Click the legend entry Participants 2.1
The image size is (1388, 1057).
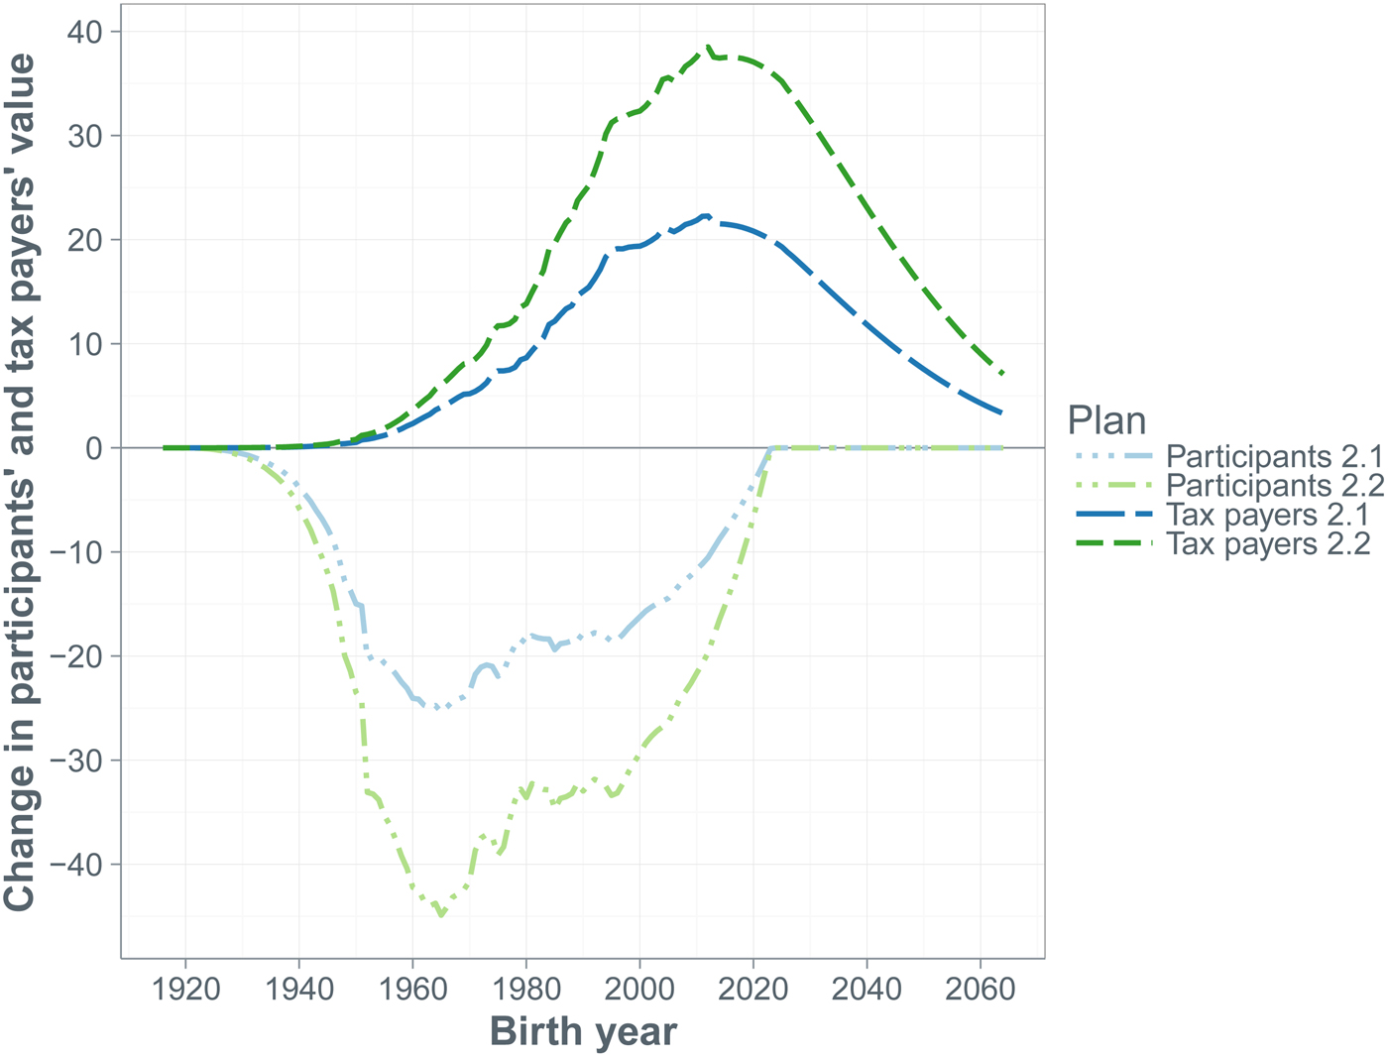tap(1273, 457)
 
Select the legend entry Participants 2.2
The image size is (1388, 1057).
tap(1273, 486)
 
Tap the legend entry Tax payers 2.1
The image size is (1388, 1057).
tap(1267, 515)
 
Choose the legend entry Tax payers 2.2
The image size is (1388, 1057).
tap(1267, 543)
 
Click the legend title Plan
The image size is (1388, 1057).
tap(1106, 421)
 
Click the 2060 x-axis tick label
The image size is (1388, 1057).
tap(981, 991)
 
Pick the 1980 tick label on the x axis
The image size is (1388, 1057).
tap(526, 991)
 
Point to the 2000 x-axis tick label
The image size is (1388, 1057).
tap(639, 991)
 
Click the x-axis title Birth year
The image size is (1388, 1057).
tap(583, 1032)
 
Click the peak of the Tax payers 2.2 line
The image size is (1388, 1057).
tap(708, 46)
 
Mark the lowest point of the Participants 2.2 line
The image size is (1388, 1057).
tap(441, 915)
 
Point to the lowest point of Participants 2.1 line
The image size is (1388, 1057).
tap(436, 708)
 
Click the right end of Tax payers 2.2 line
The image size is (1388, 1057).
tap(1003, 374)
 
